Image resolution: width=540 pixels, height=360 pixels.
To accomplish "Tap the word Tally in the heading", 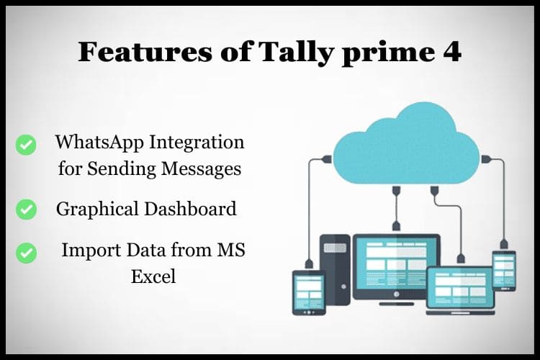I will pos(273,52).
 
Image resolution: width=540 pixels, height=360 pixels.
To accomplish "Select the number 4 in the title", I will pos(451,52).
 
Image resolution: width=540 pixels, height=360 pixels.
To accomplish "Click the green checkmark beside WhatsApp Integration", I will pos(26,145).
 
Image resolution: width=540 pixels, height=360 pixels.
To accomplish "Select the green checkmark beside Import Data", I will pos(26,253).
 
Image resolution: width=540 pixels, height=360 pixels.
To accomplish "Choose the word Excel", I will pos(153,276).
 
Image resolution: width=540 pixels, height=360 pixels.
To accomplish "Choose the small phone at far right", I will pos(503,270).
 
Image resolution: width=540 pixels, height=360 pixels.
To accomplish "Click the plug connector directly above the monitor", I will pos(396,192).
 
